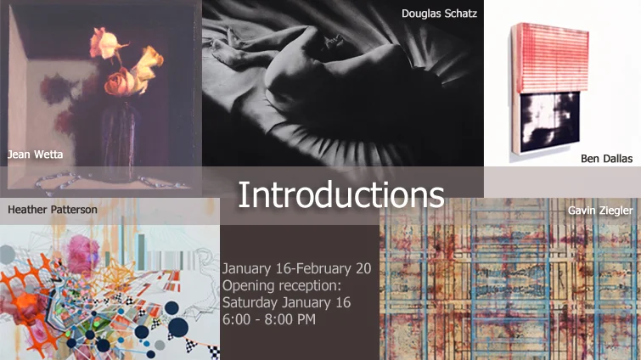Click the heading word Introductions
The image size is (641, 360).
click(x=340, y=194)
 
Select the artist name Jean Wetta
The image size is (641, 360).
click(x=35, y=155)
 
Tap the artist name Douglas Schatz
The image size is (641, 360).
click(x=440, y=13)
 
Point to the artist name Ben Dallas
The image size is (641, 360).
click(x=606, y=157)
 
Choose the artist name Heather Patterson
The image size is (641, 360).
click(x=52, y=209)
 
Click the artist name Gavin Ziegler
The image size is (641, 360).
click(x=601, y=209)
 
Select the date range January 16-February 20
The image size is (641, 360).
click(x=296, y=268)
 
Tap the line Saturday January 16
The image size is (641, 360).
click(x=286, y=302)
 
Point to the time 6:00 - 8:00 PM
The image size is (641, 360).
click(x=269, y=319)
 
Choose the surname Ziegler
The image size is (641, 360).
click(x=616, y=209)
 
